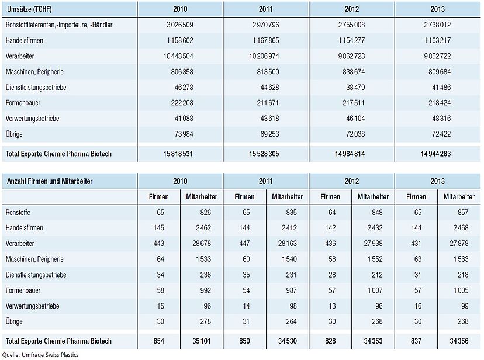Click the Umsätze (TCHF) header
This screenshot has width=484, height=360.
29,9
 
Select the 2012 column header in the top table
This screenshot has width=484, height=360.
351,9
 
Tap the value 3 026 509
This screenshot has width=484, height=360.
179,25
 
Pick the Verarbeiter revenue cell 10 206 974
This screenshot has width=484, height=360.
264,56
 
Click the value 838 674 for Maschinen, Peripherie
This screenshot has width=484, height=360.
351,72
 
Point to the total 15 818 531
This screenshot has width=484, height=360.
178,154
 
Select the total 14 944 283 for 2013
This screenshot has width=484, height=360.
435,154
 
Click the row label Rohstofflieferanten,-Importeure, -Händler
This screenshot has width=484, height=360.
59,25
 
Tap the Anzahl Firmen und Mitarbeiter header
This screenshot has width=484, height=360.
50,181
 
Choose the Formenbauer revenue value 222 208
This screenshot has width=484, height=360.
182,103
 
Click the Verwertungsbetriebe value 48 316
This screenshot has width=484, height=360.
441,119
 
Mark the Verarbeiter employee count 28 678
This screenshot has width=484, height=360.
202,243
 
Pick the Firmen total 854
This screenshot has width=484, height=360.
158,341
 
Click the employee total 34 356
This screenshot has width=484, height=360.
459,341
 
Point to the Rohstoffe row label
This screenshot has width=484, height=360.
18,212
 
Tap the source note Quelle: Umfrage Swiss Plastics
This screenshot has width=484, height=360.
40,355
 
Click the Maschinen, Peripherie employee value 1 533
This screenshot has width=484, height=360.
203,259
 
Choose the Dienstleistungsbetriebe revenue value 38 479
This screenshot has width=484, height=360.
355,87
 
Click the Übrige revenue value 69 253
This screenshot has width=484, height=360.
269,134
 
